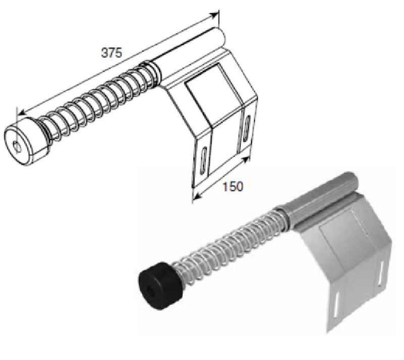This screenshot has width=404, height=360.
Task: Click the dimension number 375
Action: [x=111, y=53]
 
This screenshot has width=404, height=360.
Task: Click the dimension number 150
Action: [x=232, y=187]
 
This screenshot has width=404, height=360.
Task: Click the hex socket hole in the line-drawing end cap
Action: [x=17, y=146]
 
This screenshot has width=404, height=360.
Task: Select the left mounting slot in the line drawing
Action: [x=204, y=160]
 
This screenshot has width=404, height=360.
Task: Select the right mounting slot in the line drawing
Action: [x=246, y=128]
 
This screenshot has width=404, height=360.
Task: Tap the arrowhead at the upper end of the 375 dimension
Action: [x=214, y=16]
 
